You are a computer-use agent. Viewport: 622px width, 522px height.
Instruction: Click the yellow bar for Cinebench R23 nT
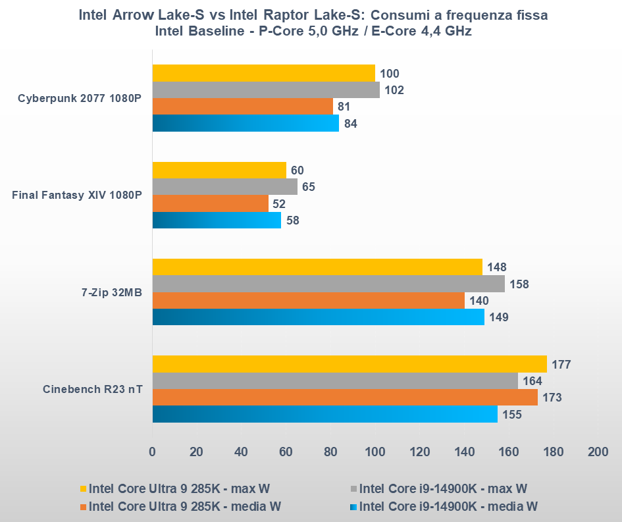349,364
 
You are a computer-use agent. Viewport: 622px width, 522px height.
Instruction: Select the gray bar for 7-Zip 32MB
328,284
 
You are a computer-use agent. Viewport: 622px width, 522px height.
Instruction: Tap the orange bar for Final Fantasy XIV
210,203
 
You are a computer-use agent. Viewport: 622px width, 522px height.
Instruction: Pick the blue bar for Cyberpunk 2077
245,123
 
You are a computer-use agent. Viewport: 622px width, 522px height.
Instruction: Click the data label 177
561,365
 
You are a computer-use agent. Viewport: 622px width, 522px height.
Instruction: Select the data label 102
395,90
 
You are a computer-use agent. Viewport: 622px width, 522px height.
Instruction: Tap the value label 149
500,317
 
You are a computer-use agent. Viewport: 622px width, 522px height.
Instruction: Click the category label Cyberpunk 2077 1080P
80,99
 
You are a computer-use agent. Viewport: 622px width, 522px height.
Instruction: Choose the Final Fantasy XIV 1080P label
77,195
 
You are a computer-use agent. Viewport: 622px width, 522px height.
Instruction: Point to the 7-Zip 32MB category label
109,292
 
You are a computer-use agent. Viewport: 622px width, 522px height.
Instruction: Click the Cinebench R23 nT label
92,388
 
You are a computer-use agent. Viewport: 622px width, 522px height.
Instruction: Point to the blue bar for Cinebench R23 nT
324,414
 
